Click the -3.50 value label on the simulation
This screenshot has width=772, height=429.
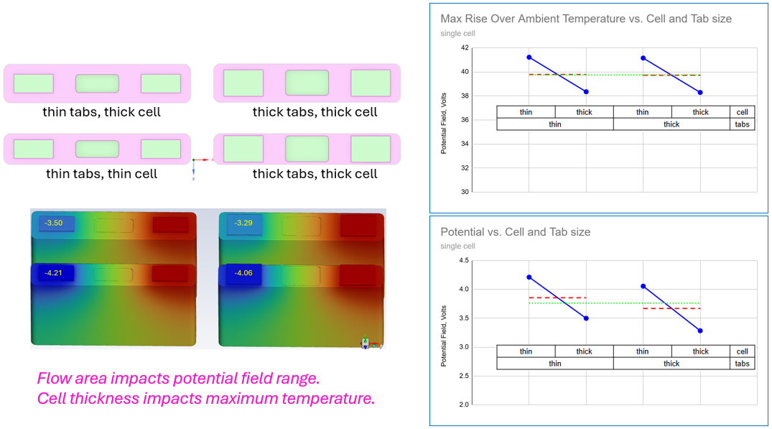pyautogui.click(x=54, y=223)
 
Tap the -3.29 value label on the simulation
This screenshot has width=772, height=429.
pyautogui.click(x=243, y=223)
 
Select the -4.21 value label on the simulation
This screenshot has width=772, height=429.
pyautogui.click(x=54, y=273)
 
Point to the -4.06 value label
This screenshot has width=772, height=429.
pyautogui.click(x=243, y=273)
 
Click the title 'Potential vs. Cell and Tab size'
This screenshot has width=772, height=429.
pyautogui.click(x=515, y=232)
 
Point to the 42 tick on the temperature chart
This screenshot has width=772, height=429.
pyautogui.click(x=464, y=48)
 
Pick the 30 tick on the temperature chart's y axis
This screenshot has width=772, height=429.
pyautogui.click(x=464, y=192)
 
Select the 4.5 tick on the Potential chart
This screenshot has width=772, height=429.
pyautogui.click(x=463, y=261)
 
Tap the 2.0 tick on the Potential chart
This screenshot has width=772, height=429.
pyautogui.click(x=463, y=405)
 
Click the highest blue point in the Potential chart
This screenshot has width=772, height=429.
pyautogui.click(x=529, y=277)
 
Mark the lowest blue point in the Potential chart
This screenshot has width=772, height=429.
pyautogui.click(x=700, y=331)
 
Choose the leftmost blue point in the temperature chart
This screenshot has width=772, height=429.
pyautogui.click(x=529, y=57)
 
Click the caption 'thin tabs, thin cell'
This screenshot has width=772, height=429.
pyautogui.click(x=101, y=174)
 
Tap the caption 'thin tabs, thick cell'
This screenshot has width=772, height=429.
pyautogui.click(x=101, y=112)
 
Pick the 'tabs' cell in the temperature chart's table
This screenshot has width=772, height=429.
pyautogui.click(x=742, y=124)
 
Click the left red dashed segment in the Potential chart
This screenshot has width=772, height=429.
pyautogui.click(x=557, y=297)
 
